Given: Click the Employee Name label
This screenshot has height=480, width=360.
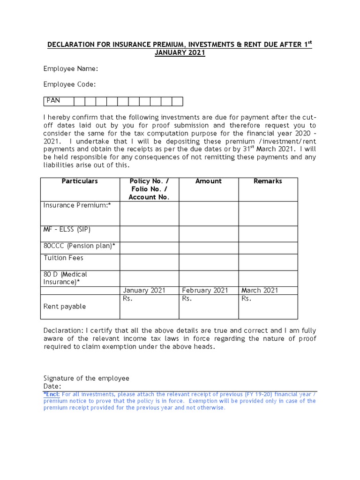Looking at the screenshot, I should (x=71, y=69).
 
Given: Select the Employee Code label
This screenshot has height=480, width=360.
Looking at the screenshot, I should (x=70, y=84).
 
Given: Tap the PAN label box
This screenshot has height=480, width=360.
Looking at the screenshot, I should (x=53, y=101).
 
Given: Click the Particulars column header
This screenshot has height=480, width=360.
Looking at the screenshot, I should (x=80, y=181).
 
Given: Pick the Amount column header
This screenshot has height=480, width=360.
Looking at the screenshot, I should (x=209, y=181).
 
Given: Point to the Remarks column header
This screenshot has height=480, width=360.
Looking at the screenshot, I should (x=268, y=181).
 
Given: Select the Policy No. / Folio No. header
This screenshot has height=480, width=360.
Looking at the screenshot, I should (x=149, y=189).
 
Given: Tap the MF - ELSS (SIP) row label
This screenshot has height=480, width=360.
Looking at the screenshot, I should (x=67, y=230).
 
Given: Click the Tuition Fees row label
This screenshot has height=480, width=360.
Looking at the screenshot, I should (x=63, y=258).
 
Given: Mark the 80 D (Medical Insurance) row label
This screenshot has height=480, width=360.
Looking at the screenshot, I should (x=65, y=278).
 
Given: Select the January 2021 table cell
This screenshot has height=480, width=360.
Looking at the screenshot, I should (x=144, y=291).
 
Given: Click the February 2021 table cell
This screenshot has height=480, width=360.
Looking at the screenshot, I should (x=205, y=291).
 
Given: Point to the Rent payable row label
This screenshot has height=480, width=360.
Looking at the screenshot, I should (x=65, y=307).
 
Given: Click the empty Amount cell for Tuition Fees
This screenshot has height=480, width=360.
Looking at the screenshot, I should (x=209, y=262).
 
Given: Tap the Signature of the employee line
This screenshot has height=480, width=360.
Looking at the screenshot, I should (x=86, y=378).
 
